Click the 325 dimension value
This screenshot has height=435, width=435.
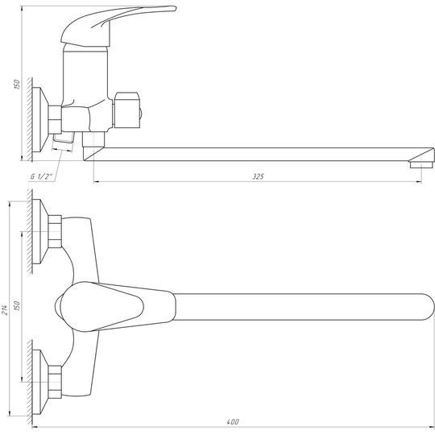pos(258,176)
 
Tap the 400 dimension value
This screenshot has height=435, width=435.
pos(233,422)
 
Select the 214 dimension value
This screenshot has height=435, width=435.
pos(5,309)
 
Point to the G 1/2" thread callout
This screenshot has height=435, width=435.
pos(41,176)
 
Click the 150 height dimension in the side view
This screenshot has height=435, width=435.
pos(17,84)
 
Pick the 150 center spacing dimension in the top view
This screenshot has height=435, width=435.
pos(17,305)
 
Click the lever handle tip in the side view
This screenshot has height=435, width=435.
pos(174,9)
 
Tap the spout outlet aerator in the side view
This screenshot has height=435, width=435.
pos(421,164)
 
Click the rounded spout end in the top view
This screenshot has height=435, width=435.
pos(429,307)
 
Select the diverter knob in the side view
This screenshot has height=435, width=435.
pos(127,110)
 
